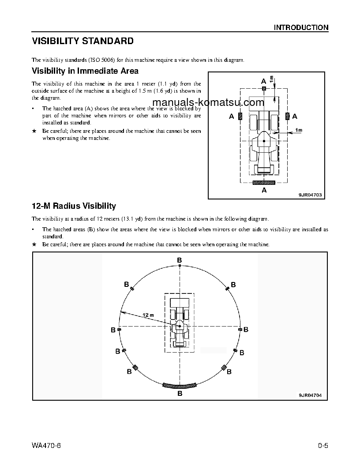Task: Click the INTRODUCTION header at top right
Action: point(301,27)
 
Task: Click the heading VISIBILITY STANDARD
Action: point(82,41)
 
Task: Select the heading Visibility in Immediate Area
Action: point(85,71)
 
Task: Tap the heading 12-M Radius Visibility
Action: point(74,206)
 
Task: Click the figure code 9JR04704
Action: point(313,395)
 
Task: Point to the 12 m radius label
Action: point(148,315)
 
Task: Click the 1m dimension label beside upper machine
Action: point(298,130)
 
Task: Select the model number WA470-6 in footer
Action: point(46,444)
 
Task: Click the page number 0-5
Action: point(322,444)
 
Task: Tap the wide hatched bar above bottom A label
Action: point(264,182)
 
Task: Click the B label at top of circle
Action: point(180,260)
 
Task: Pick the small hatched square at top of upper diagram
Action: point(264,89)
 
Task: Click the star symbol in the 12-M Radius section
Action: point(34,244)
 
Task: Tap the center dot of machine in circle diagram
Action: point(180,326)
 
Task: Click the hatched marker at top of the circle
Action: point(180,266)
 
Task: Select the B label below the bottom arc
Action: point(180,393)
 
